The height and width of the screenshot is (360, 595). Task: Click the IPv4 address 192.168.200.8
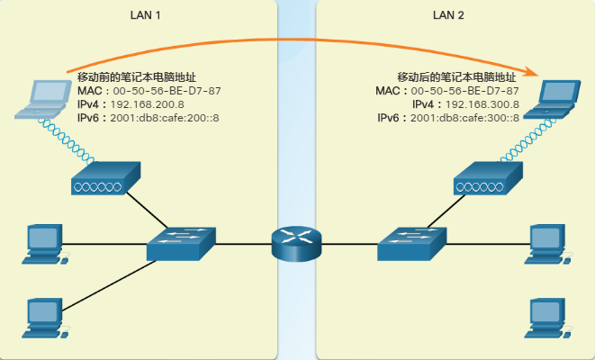[146, 104]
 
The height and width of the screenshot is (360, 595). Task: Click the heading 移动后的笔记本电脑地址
[457, 77]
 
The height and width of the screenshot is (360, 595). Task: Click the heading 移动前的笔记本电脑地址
[137, 77]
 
